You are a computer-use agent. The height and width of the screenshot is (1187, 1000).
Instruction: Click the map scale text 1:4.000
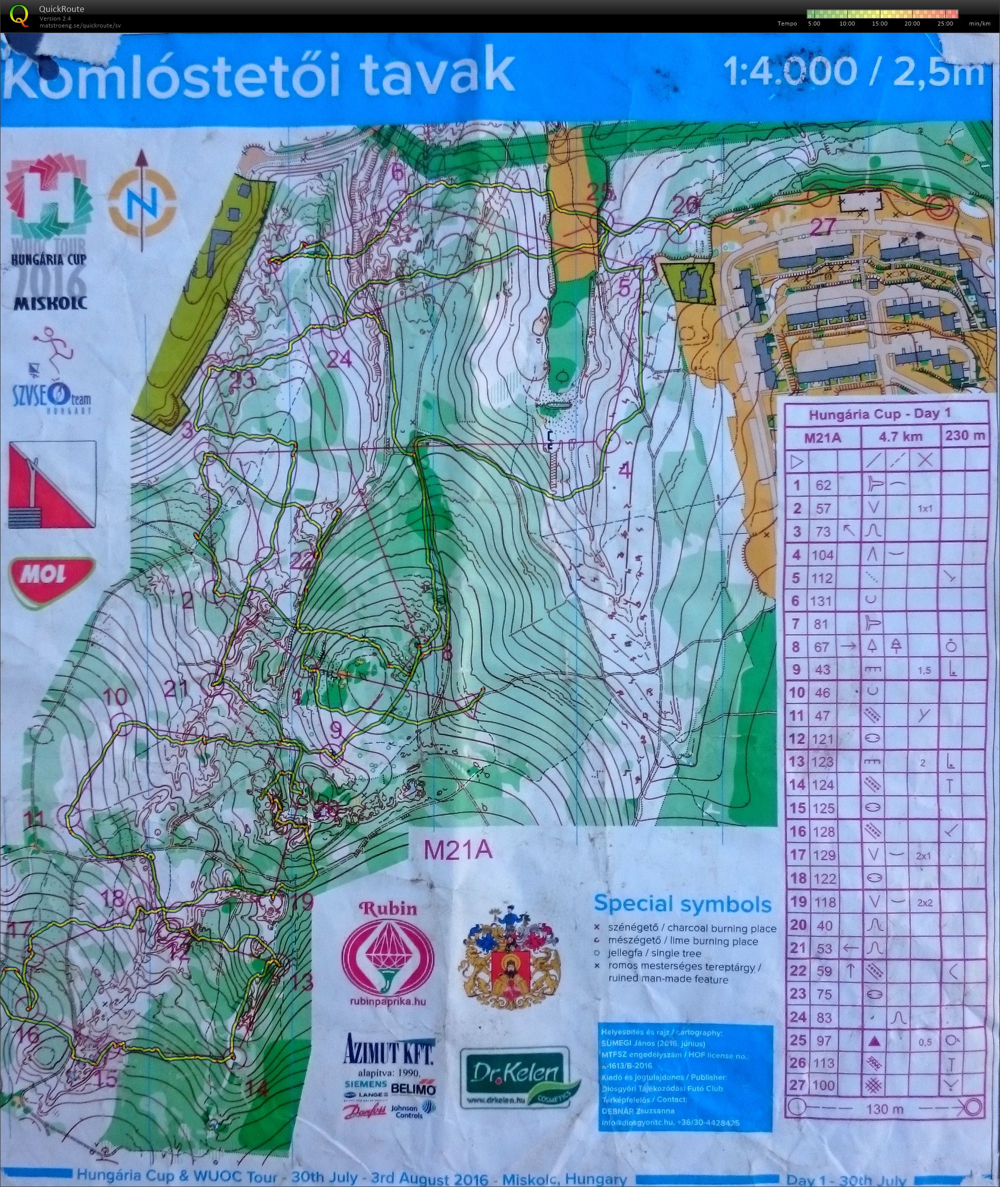[790, 72]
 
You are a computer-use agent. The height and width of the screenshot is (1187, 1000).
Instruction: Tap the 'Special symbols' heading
[683, 904]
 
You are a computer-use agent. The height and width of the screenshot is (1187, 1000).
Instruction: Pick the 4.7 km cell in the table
[900, 437]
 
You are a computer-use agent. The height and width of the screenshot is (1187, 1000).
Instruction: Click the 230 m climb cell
[965, 436]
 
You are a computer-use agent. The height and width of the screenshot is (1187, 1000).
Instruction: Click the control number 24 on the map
[339, 358]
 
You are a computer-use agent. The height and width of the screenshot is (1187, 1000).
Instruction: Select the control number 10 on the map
[116, 697]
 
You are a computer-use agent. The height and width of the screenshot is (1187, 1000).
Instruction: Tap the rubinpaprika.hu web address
[389, 1001]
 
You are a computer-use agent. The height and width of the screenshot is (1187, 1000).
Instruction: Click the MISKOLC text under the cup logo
[51, 302]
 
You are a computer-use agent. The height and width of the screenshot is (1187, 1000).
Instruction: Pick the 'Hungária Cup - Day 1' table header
[879, 414]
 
